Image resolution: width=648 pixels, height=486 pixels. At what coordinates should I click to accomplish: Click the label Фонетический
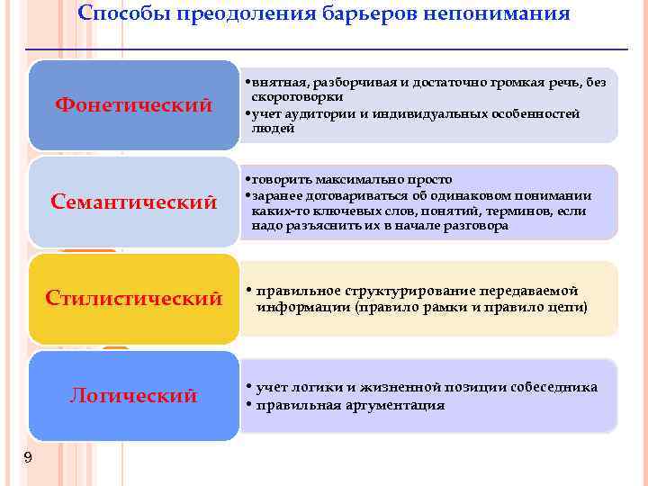(x=133, y=105)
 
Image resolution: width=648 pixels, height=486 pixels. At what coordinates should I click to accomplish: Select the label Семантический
(x=133, y=202)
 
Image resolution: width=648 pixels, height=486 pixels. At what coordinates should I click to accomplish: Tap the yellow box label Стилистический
(x=133, y=298)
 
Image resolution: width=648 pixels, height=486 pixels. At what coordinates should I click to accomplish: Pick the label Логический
(x=133, y=396)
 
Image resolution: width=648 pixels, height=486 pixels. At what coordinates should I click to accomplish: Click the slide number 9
(x=28, y=458)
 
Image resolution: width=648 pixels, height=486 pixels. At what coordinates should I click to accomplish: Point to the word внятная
(x=274, y=82)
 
